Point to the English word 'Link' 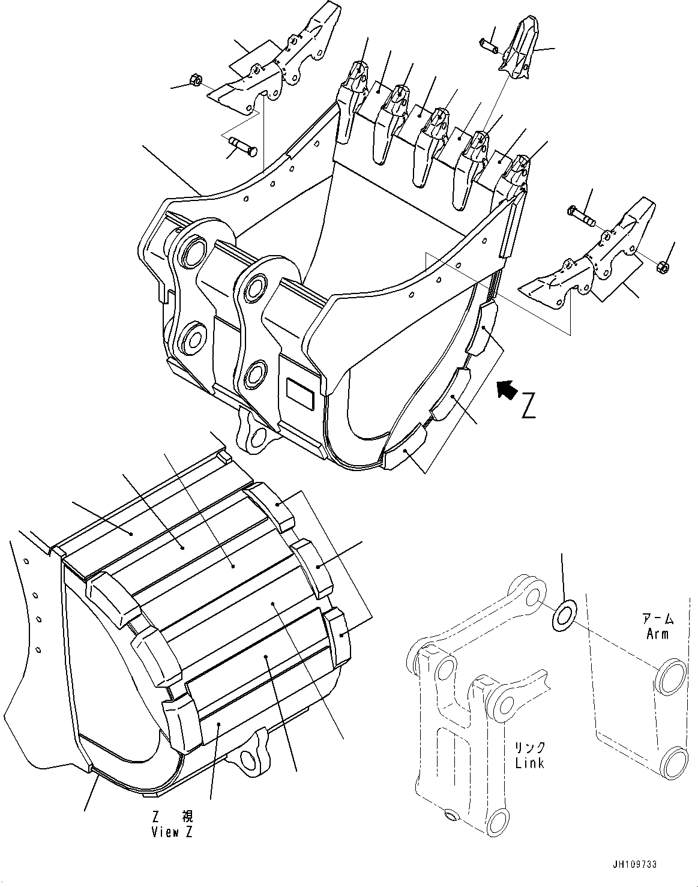pyautogui.click(x=529, y=763)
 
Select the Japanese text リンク pyautogui.click(x=529, y=748)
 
